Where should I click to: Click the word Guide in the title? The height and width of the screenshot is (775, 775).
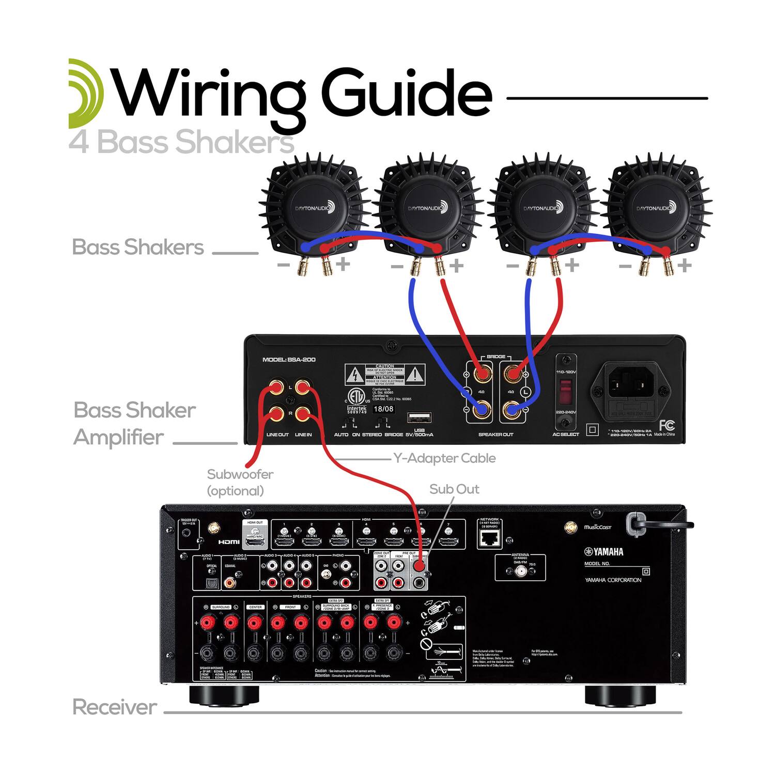pyautogui.click(x=406, y=93)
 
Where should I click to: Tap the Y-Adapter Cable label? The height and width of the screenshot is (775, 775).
pyautogui.click(x=444, y=458)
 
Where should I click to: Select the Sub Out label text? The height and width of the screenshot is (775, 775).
pyautogui.click(x=454, y=489)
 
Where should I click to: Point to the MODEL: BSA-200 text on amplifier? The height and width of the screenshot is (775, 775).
pyautogui.click(x=289, y=360)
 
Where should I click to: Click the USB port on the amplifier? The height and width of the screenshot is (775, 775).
pyautogui.click(x=420, y=417)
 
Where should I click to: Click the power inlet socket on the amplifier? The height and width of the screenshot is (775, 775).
pyautogui.click(x=631, y=385)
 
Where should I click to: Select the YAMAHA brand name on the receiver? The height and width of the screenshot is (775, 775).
pyautogui.click(x=604, y=552)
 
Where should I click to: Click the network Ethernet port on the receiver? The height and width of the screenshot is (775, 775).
pyautogui.click(x=489, y=539)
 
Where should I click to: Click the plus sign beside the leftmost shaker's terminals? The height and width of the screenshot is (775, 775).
pyautogui.click(x=343, y=265)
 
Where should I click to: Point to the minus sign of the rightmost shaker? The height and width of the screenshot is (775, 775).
pyautogui.click(x=625, y=267)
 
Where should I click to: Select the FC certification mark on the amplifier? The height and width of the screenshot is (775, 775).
pyautogui.click(x=667, y=425)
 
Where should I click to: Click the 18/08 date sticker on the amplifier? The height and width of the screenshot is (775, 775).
pyautogui.click(x=383, y=409)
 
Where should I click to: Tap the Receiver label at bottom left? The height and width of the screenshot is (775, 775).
pyautogui.click(x=114, y=707)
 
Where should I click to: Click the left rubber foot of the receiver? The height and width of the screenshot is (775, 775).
pyautogui.click(x=224, y=695)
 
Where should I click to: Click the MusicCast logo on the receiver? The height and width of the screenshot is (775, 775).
pyautogui.click(x=597, y=527)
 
